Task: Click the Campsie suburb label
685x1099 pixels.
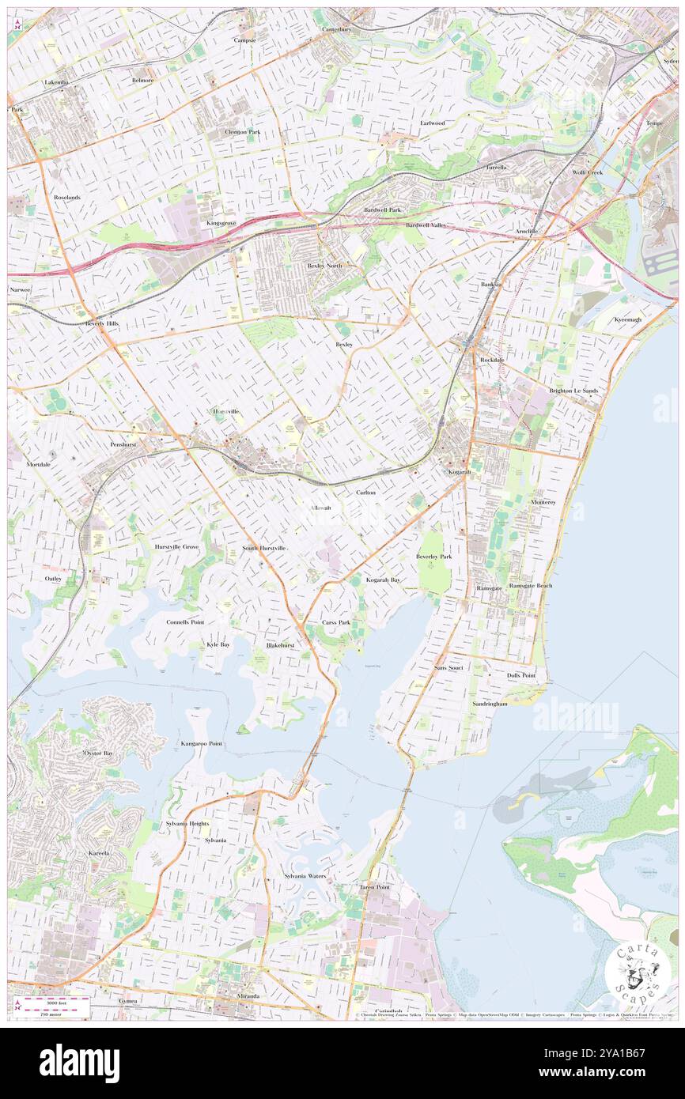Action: pyautogui.click(x=244, y=40)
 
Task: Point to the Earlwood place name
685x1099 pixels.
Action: pyautogui.click(x=432, y=123)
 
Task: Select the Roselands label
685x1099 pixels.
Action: pyautogui.click(x=67, y=196)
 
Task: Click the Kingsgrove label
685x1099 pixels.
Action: pyautogui.click(x=221, y=223)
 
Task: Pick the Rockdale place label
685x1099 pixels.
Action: pyautogui.click(x=491, y=360)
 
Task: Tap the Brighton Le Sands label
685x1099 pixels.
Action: pyautogui.click(x=573, y=391)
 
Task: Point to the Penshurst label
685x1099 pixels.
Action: pyautogui.click(x=123, y=444)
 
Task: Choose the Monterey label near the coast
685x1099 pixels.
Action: pyautogui.click(x=543, y=502)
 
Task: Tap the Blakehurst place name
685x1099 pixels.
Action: pyautogui.click(x=280, y=645)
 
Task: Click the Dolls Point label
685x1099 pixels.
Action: pyautogui.click(x=521, y=675)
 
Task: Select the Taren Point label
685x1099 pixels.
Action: pyautogui.click(x=374, y=887)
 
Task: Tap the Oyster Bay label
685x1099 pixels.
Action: pyautogui.click(x=98, y=753)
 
